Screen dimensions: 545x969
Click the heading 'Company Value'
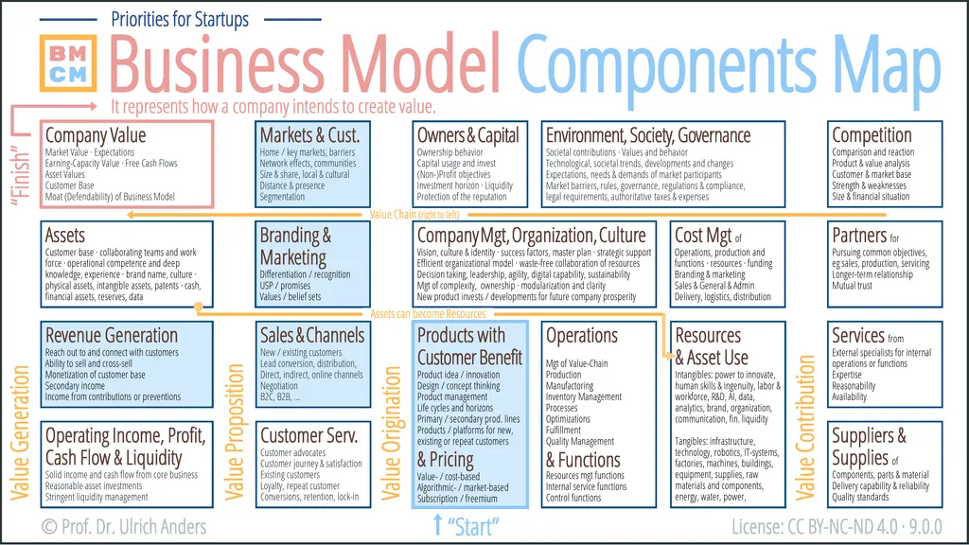pyautogui.click(x=96, y=135)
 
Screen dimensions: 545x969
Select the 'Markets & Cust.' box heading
pyautogui.click(x=309, y=135)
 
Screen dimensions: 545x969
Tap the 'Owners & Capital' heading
pyautogui.click(x=468, y=135)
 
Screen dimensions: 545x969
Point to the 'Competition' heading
pyautogui.click(x=872, y=135)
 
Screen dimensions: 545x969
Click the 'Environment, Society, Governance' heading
pyautogui.click(x=648, y=135)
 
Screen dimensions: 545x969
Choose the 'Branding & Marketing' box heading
pyautogui.click(x=295, y=246)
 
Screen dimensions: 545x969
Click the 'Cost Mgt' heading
pyautogui.click(x=702, y=235)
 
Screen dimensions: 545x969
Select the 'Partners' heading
pyautogui.click(x=859, y=235)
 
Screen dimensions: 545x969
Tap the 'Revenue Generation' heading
pyautogui.click(x=112, y=335)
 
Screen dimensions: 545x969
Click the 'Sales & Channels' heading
pyautogui.click(x=311, y=335)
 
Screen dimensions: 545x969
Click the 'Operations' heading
pyautogui.click(x=582, y=335)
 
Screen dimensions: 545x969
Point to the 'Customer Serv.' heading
pyautogui.click(x=308, y=435)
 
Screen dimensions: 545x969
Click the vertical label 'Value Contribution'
pyautogui.click(x=806, y=428)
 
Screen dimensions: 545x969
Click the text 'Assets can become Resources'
pyautogui.click(x=428, y=314)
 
